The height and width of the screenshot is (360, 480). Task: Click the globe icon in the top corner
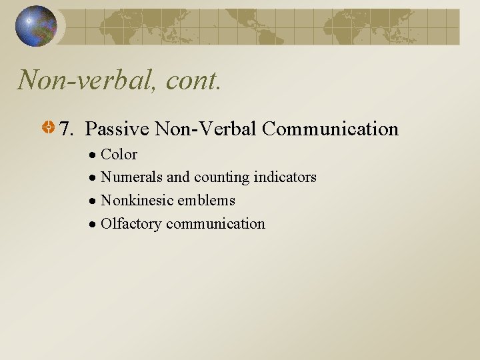coord(36,26)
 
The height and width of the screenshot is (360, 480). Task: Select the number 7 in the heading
coord(65,129)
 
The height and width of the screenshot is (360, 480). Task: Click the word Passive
coord(117,129)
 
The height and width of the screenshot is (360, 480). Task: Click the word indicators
coord(285,177)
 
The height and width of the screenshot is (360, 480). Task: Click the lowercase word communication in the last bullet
coord(215,224)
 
